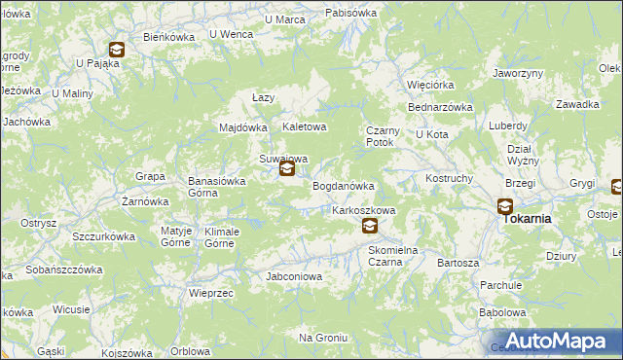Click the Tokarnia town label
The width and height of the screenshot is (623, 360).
[x=527, y=219]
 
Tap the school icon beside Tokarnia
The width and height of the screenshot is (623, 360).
[x=505, y=205]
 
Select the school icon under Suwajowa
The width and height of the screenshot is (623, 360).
[x=286, y=169]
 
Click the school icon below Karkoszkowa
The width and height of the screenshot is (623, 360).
[x=369, y=226]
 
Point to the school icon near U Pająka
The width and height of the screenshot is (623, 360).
[x=116, y=50]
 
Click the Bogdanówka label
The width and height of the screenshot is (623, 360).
[x=343, y=186]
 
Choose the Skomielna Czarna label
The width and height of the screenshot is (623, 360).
[x=392, y=256]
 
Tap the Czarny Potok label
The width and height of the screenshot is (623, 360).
[x=380, y=136]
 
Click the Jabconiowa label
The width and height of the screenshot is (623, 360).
[x=294, y=276]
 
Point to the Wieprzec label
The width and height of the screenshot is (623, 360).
[x=209, y=292]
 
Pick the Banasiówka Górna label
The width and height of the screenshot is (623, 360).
[x=216, y=187]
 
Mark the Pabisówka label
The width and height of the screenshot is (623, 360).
[x=351, y=13]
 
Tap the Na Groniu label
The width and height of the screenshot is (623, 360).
[x=323, y=338]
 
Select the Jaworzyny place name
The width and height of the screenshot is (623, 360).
[x=518, y=73]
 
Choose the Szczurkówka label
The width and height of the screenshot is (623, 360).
[x=103, y=236]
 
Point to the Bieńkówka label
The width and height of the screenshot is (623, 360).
[x=169, y=37]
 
